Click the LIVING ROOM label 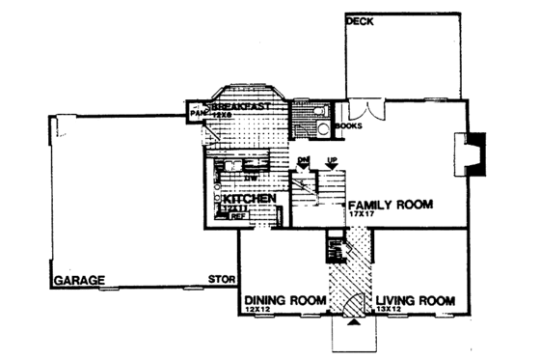(415, 300)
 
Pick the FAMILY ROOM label (391, 205)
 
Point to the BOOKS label (350, 125)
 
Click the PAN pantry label (198, 113)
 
